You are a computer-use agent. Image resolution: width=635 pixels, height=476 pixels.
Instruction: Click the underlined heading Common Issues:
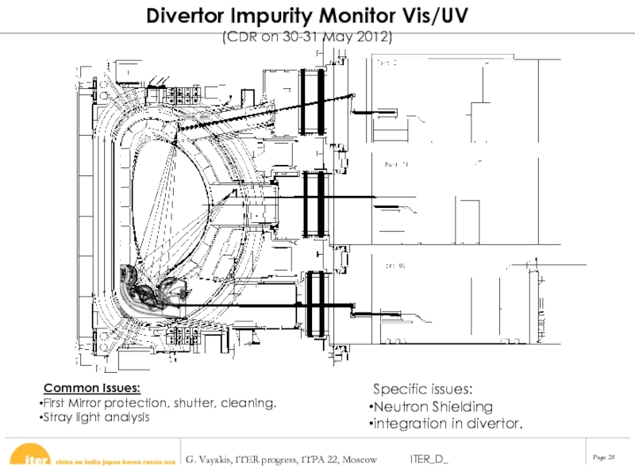point(92,388)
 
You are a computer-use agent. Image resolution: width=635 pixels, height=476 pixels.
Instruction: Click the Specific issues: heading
point(424,390)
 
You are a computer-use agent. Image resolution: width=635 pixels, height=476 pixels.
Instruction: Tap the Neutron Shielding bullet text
point(432,407)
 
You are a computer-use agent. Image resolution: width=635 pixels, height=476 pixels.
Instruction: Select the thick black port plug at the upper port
point(313,101)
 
